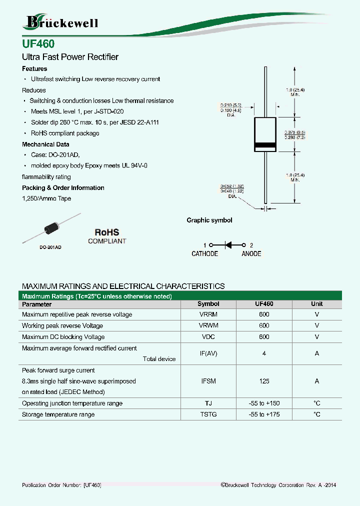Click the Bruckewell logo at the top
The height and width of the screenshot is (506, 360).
[61, 22]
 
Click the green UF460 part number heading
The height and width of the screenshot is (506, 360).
[38, 44]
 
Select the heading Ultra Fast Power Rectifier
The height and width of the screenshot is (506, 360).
[70, 57]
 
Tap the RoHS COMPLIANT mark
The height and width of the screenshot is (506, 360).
[107, 236]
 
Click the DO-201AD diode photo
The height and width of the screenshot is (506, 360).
[52, 229]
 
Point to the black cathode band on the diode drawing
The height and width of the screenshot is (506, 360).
[265, 146]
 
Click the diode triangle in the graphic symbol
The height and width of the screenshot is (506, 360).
[228, 245]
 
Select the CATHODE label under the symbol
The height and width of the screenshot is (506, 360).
[204, 254]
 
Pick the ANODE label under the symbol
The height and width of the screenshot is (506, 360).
[251, 254]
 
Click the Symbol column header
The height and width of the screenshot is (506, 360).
[208, 304]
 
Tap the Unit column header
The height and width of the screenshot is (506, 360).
[316, 304]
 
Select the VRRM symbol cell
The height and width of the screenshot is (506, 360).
[208, 314]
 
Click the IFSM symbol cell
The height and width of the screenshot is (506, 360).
[208, 381]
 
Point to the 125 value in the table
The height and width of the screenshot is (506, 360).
[264, 381]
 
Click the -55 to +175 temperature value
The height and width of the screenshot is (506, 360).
[264, 414]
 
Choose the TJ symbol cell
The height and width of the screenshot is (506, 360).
[208, 403]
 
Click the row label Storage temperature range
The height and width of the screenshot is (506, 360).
[58, 414]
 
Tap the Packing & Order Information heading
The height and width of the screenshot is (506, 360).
[63, 188]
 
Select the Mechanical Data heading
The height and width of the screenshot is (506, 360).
[45, 144]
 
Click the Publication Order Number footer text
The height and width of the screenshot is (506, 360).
[62, 485]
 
